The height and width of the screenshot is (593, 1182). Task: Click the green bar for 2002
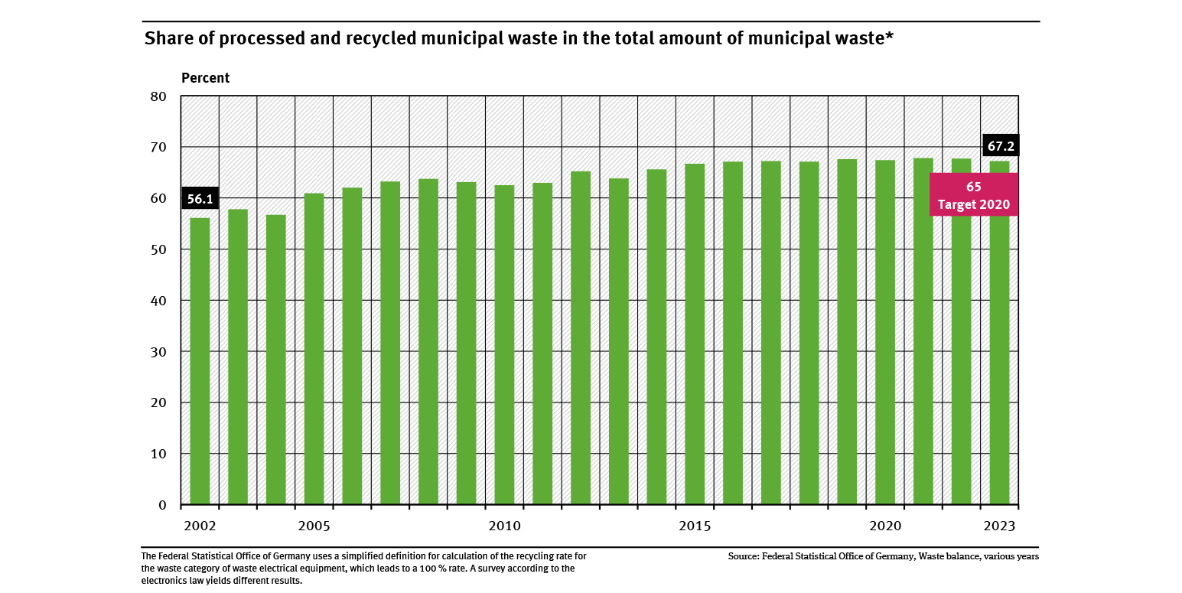pyautogui.click(x=200, y=361)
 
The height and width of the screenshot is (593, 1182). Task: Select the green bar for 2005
pyautogui.click(x=314, y=349)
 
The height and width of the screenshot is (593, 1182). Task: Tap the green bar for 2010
pyautogui.click(x=504, y=345)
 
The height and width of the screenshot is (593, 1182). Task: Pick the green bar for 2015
pyautogui.click(x=695, y=334)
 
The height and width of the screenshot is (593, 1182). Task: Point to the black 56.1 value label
pyautogui.click(x=200, y=200)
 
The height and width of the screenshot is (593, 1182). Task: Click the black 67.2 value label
pyautogui.click(x=1001, y=145)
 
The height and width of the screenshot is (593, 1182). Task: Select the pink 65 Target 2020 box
pyautogui.click(x=973, y=195)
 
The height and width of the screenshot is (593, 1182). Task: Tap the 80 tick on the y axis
pyautogui.click(x=158, y=96)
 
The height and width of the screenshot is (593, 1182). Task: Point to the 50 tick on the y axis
pyautogui.click(x=158, y=249)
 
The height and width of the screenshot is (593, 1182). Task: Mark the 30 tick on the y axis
pyautogui.click(x=158, y=352)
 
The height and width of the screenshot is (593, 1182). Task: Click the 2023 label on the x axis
pyautogui.click(x=999, y=526)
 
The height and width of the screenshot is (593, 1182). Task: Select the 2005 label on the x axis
pyautogui.click(x=314, y=526)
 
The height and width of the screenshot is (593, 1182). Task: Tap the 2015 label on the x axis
pyautogui.click(x=695, y=526)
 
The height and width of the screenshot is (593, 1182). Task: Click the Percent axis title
pyautogui.click(x=205, y=78)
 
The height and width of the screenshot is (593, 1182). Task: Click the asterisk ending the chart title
pyautogui.click(x=889, y=37)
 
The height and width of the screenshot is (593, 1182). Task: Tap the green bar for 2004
pyautogui.click(x=275, y=360)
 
